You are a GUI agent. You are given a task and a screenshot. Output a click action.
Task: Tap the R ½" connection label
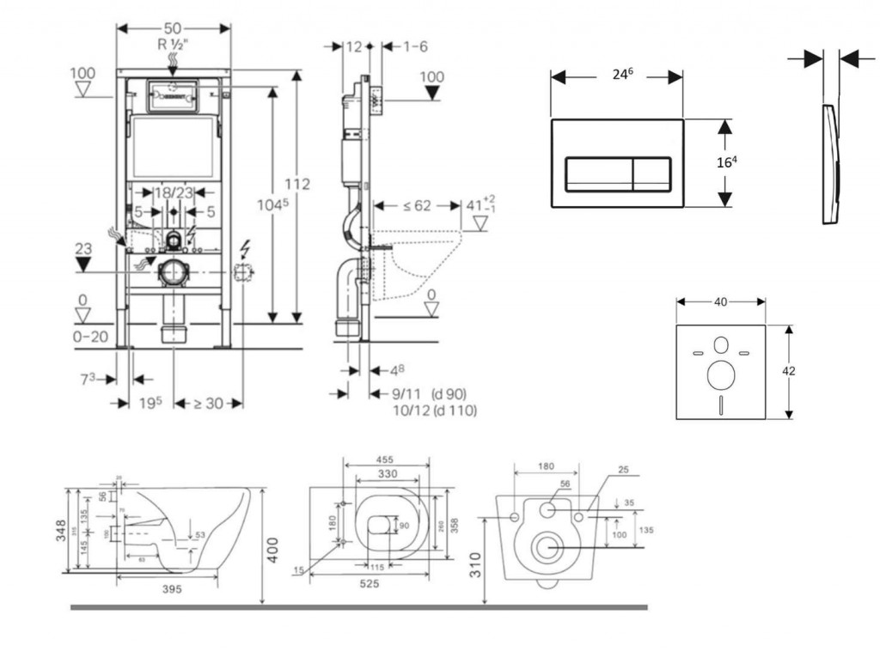click(x=174, y=44)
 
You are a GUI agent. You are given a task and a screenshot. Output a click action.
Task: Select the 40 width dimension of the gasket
click(x=720, y=301)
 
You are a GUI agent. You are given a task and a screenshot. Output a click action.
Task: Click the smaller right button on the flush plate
click(x=651, y=174)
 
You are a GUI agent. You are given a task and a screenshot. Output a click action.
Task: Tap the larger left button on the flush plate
click(x=598, y=174)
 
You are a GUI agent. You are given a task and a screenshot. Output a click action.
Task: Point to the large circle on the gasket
click(x=720, y=375)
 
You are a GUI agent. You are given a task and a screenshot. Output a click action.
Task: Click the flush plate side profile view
click(x=830, y=163)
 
